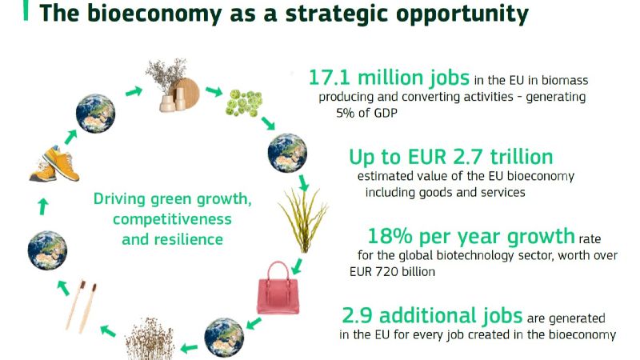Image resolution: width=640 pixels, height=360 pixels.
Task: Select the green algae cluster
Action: tap(244, 103)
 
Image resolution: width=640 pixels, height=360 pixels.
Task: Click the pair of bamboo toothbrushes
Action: tap(82, 306)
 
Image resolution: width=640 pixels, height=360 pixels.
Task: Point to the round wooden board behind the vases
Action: tap(186, 93)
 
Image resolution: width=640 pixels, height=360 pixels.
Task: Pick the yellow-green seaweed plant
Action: tap(304, 221)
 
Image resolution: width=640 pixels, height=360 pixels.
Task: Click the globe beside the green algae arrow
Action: tap(287, 153)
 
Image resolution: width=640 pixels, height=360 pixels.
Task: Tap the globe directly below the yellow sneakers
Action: tap(47, 250)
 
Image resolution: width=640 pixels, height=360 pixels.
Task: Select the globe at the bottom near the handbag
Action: tap(224, 338)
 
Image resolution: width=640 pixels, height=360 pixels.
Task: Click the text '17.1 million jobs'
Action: tap(389, 77)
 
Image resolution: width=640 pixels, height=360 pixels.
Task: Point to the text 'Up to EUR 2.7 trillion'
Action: tap(451, 157)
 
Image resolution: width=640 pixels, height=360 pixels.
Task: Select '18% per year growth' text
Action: tap(471, 236)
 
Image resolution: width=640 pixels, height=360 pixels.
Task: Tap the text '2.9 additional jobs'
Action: tap(432, 315)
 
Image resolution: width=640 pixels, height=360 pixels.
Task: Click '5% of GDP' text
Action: tap(366, 113)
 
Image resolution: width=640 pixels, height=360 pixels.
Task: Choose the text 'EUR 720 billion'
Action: tap(392, 271)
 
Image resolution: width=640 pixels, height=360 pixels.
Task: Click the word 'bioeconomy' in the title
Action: tap(154, 14)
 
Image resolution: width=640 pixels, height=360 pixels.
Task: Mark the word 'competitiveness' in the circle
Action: tap(172, 219)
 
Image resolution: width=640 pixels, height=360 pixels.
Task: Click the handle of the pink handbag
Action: tap(278, 271)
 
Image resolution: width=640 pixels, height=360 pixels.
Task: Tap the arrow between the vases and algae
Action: tap(213, 91)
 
